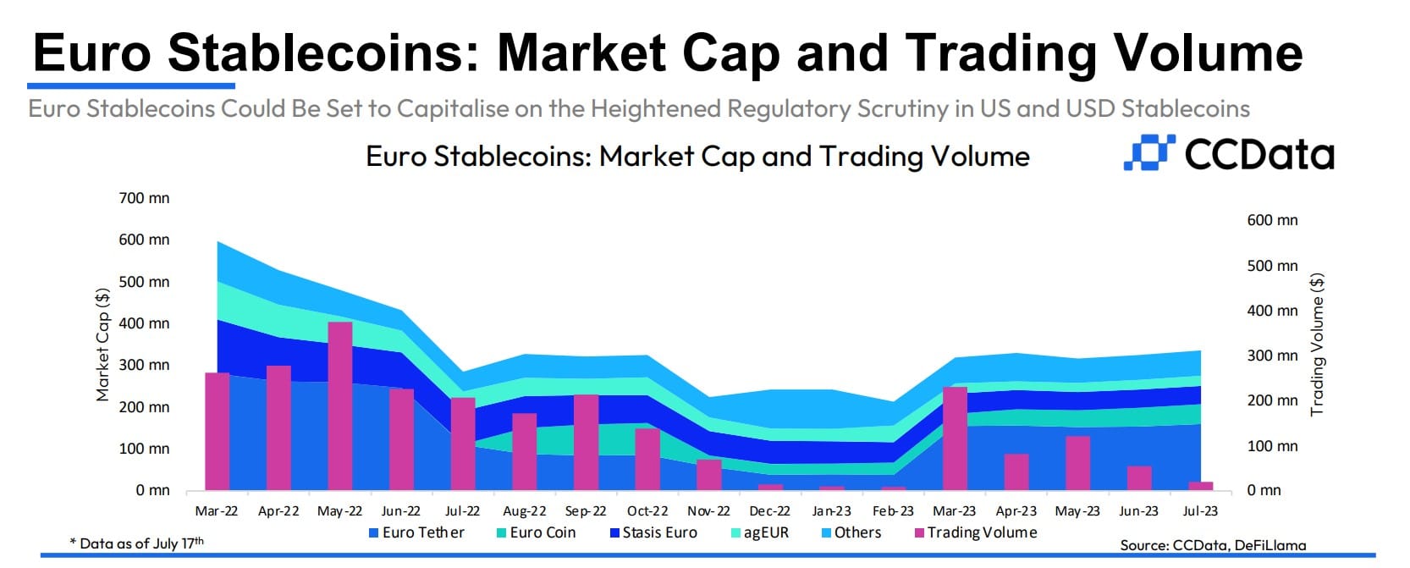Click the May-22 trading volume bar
[340, 406]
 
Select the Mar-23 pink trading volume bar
[955, 438]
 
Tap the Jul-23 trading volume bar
[1200, 486]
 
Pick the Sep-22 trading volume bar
[586, 443]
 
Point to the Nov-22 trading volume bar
[708, 475]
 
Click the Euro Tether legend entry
[416, 532]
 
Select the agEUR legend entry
[760, 532]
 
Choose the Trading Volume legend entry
[976, 532]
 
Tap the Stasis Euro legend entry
[654, 532]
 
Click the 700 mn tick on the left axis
[144, 198]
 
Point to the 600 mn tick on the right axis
[1272, 220]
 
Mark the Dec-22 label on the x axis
[770, 511]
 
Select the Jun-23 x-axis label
[1138, 511]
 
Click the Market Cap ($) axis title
[102, 345]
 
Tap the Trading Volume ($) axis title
[1317, 345]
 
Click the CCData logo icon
[1149, 152]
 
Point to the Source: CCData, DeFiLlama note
[1213, 545]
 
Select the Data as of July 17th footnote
[136, 543]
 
